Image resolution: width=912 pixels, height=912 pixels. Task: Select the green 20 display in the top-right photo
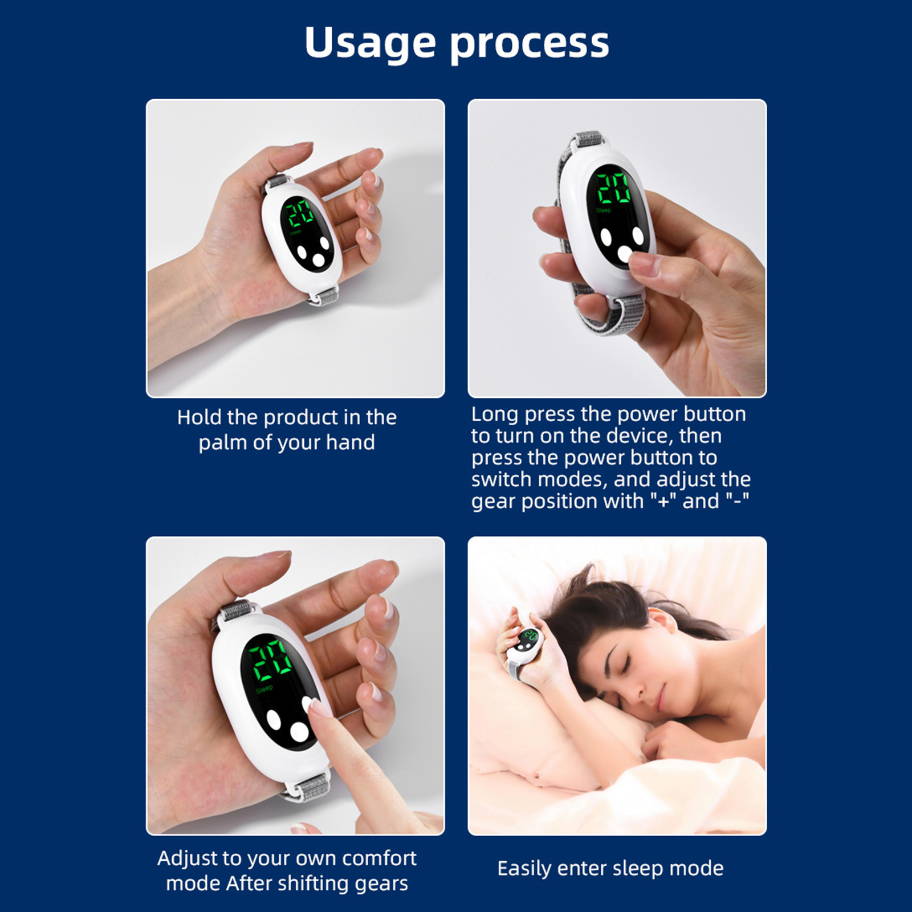(x=614, y=188)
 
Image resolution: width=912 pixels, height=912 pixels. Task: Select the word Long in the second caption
(x=494, y=415)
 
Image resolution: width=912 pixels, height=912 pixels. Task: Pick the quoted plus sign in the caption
(x=663, y=502)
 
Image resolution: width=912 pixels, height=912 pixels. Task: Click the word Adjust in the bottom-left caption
(x=188, y=859)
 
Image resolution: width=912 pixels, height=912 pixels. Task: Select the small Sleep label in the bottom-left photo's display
(x=264, y=689)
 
